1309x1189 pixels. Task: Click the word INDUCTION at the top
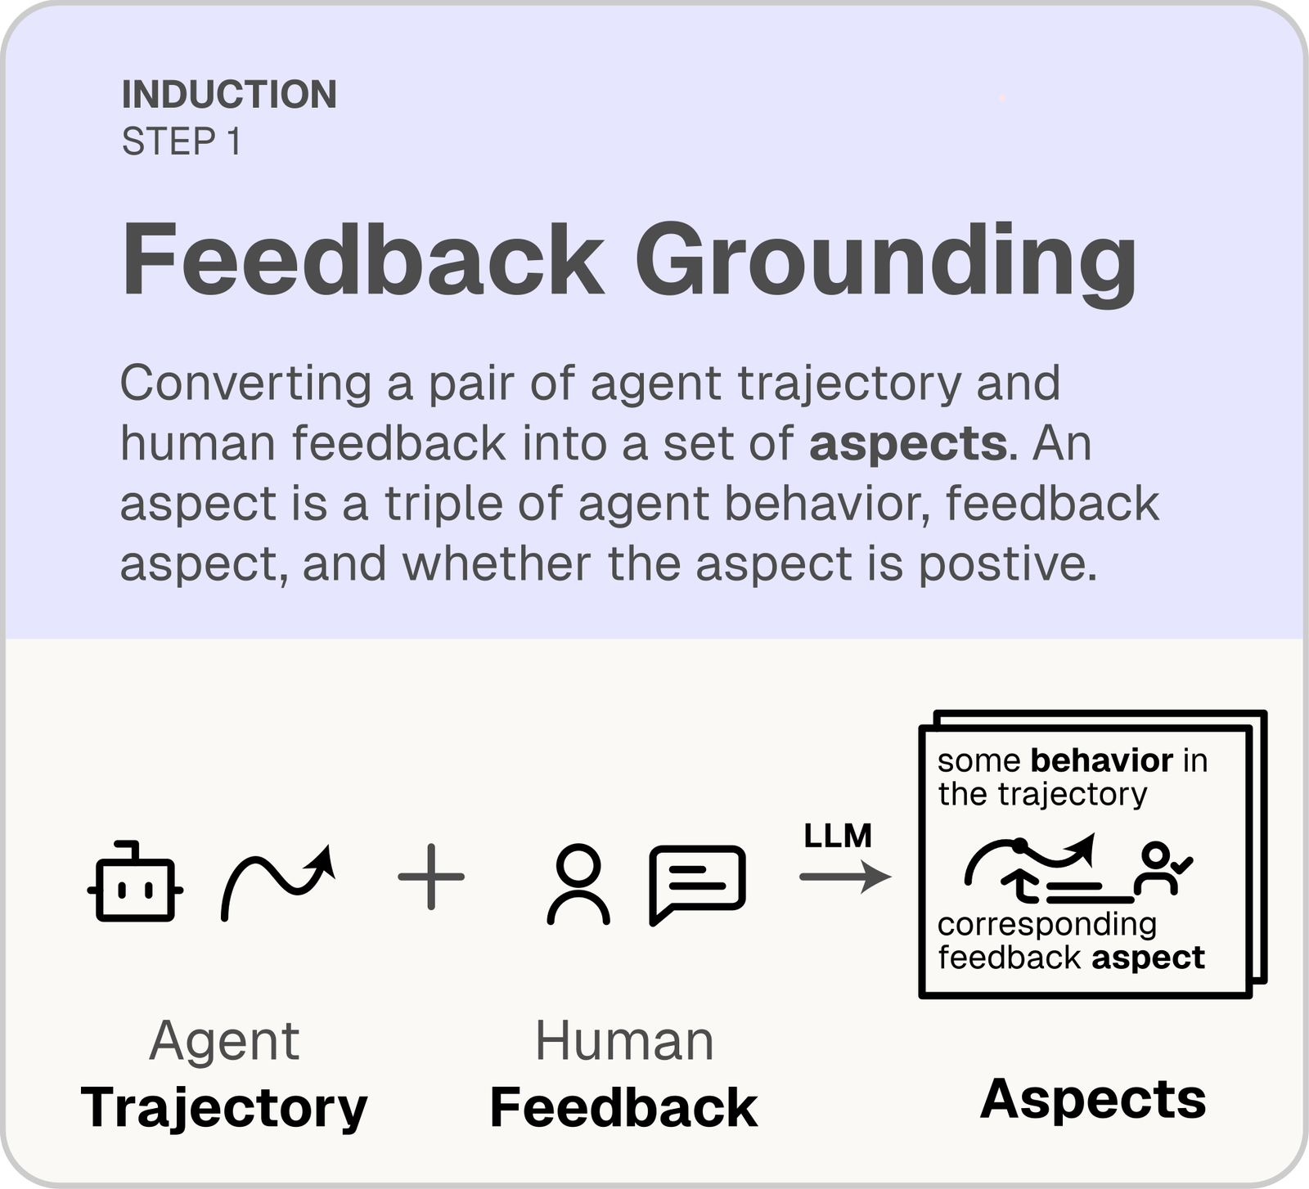[229, 95]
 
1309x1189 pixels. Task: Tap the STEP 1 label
[182, 142]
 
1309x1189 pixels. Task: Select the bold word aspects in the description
[908, 444]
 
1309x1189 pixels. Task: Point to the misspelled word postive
[1007, 564]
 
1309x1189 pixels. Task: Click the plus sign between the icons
[431, 877]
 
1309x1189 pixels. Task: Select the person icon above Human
[578, 883]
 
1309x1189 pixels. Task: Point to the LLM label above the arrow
[838, 836]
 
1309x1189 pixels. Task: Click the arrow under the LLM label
[844, 877]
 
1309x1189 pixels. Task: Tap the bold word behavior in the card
[1102, 761]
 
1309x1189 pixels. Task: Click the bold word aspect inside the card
[1148, 958]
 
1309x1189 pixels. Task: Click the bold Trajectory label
[224, 1108]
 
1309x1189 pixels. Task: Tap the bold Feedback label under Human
[623, 1108]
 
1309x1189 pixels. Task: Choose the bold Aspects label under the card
[1093, 1099]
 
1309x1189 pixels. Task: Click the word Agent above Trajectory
[224, 1042]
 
